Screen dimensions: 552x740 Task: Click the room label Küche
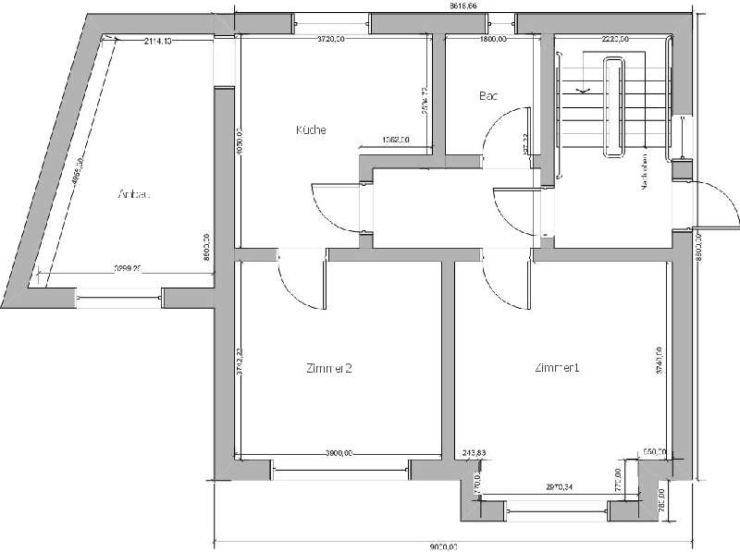point(311,130)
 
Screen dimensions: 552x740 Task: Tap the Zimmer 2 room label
point(328,368)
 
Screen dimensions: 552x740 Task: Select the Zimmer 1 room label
point(556,368)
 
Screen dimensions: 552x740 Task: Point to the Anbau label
point(134,194)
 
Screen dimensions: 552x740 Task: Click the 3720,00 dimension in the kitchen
point(331,40)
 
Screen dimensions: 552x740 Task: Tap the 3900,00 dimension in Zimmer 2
point(339,453)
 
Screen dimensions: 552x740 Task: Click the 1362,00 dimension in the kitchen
point(395,141)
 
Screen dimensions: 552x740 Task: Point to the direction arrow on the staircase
point(584,90)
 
